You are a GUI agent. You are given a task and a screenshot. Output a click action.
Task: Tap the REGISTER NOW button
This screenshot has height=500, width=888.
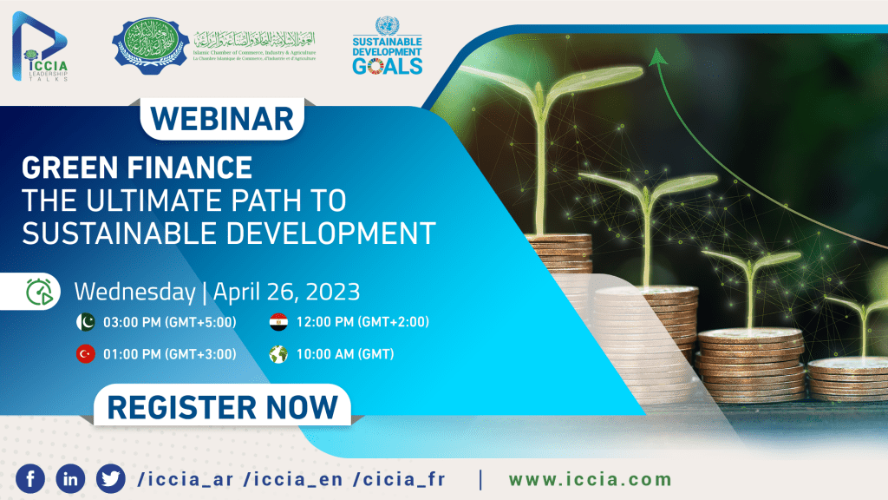[222, 406]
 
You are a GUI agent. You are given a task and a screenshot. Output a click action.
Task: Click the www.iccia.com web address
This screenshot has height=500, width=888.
[590, 479]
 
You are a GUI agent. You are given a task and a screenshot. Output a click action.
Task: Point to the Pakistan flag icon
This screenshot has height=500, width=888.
[86, 322]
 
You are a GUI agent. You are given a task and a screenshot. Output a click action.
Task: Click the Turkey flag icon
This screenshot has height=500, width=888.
[86, 353]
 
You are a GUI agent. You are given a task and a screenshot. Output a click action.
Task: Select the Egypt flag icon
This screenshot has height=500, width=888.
[277, 322]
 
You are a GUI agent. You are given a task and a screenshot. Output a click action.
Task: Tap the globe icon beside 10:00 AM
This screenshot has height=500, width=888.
[277, 353]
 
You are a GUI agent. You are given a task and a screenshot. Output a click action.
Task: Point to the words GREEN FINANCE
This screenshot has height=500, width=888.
[137, 166]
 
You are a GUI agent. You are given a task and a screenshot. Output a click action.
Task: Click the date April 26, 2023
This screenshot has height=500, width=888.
[285, 290]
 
